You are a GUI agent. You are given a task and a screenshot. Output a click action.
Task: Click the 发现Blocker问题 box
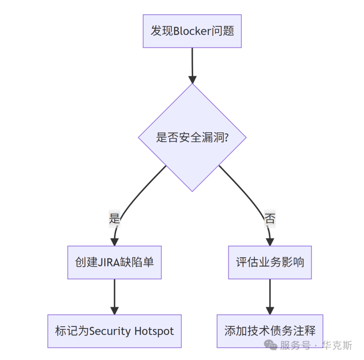click(x=192, y=31)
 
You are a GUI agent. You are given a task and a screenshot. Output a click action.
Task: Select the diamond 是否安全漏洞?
click(x=192, y=138)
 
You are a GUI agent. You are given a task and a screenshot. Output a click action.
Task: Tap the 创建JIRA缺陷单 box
click(x=115, y=262)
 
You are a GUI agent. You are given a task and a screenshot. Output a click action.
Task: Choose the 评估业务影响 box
click(x=270, y=262)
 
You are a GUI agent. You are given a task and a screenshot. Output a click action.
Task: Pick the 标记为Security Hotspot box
click(x=115, y=331)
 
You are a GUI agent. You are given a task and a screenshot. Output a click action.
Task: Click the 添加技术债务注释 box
click(x=270, y=331)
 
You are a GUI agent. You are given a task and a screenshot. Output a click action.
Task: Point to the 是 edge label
click(x=115, y=219)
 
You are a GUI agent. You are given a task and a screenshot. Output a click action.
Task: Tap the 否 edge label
click(x=270, y=219)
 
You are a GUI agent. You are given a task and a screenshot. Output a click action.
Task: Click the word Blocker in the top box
click(x=192, y=31)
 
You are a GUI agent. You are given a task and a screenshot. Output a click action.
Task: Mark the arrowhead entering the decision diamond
click(x=192, y=80)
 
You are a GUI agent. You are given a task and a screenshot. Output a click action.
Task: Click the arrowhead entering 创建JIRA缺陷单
click(x=115, y=242)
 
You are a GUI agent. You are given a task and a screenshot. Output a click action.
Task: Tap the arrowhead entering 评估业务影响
click(x=270, y=242)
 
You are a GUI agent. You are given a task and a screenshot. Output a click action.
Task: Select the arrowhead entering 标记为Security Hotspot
click(x=115, y=311)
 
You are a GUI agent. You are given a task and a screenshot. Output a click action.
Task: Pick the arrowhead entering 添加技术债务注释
click(x=270, y=311)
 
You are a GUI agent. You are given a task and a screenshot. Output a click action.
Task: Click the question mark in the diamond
click(x=226, y=138)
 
